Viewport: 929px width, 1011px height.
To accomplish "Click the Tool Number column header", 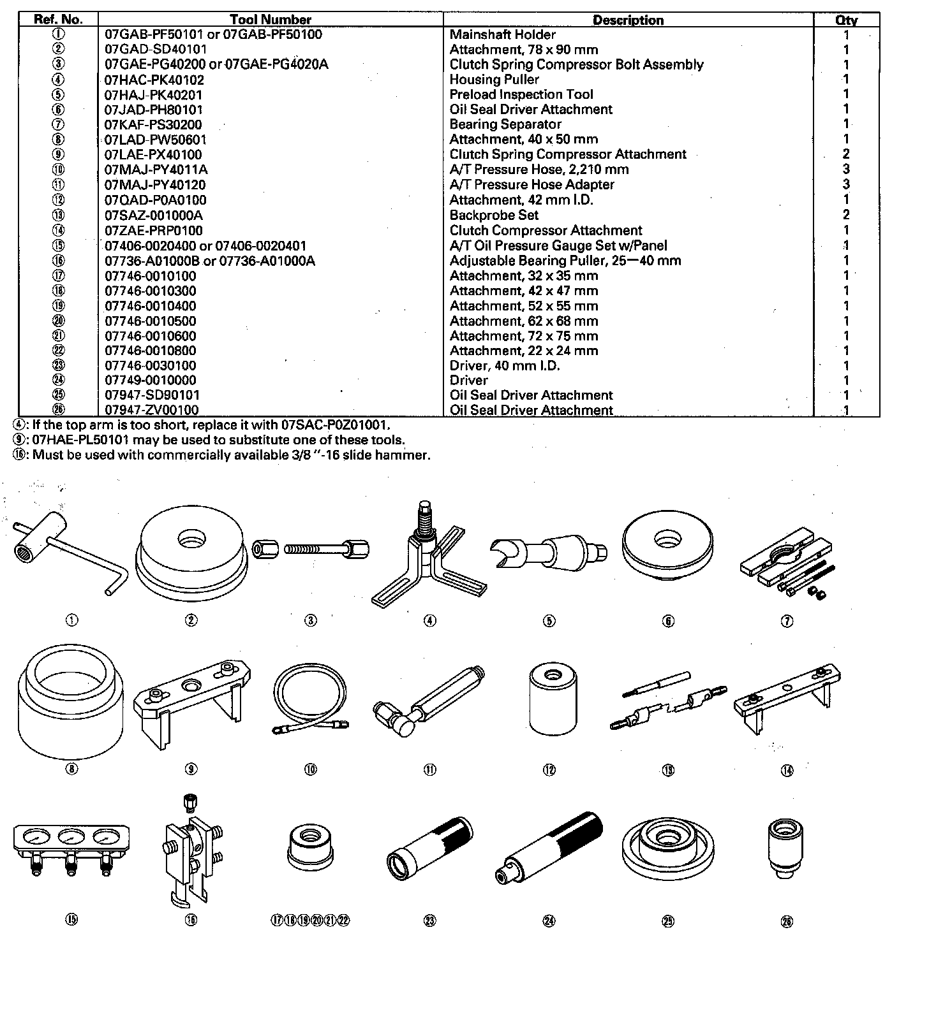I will pos(271,20).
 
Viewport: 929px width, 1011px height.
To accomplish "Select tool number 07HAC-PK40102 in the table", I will pos(154,80).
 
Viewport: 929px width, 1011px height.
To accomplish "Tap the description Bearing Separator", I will pos(505,124).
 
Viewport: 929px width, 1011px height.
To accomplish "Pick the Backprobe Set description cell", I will pos(494,215).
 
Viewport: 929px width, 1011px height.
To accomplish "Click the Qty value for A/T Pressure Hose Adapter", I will pos(846,185).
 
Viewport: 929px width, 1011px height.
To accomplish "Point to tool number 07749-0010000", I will pos(151,381).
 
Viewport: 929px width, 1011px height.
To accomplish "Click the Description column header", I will pos(628,20).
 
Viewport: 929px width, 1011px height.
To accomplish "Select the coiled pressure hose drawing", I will pos(311,701).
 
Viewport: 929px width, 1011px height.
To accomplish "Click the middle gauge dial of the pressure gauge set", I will pos(71,837).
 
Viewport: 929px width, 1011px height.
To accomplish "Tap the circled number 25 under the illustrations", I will pos(668,920).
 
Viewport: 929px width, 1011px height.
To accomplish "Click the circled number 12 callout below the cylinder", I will pos(549,770).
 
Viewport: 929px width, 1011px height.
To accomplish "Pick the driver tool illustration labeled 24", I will pos(549,848).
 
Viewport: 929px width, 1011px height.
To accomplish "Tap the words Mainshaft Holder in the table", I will pos(502,34).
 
